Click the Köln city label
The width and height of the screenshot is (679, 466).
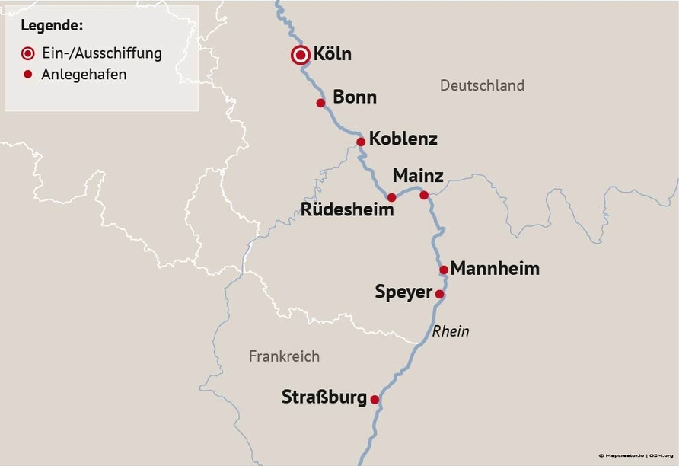click(333, 55)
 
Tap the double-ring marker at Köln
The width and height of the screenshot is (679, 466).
click(301, 55)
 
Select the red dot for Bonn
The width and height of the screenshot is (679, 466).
click(320, 103)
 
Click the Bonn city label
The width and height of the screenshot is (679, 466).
click(355, 97)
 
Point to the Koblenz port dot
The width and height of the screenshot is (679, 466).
click(361, 142)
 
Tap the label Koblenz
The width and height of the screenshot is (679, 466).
click(403, 139)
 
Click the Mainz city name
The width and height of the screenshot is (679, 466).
click(418, 176)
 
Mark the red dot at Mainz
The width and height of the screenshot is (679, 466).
click(424, 195)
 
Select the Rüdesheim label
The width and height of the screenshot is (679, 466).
click(348, 209)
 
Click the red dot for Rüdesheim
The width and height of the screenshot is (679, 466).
click(391, 197)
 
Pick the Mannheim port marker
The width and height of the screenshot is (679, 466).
click(444, 270)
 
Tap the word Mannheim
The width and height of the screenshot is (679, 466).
click(495, 269)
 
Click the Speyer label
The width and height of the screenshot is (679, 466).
click(403, 292)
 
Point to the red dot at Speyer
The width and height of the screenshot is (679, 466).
click(439, 294)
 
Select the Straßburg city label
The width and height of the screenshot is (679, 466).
click(324, 397)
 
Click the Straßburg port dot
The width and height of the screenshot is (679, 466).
click(375, 399)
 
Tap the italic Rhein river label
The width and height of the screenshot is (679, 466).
click(451, 331)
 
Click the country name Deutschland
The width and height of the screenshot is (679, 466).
click(482, 85)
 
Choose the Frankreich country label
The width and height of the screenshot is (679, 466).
click(284, 356)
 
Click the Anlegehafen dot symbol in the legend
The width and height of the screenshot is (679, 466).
click(28, 75)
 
